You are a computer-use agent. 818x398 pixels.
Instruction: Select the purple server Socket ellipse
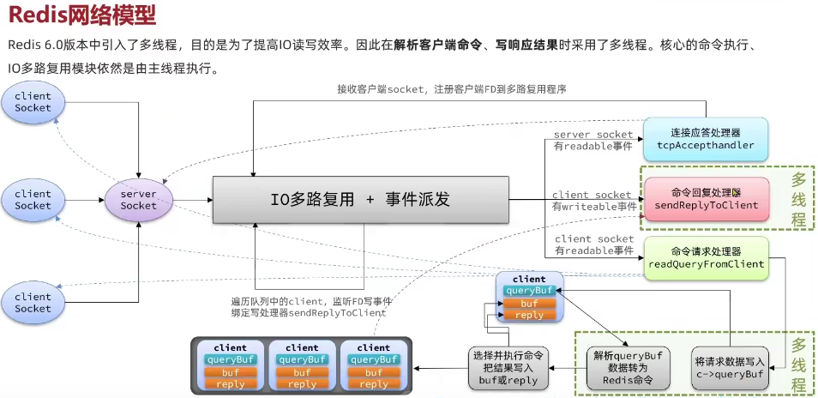click(x=138, y=200)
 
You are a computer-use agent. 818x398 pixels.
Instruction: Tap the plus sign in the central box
click(x=371, y=200)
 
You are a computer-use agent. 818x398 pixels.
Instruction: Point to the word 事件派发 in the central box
click(x=418, y=200)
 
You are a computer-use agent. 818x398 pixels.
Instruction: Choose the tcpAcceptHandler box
click(x=705, y=139)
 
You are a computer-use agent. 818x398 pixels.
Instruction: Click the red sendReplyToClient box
click(x=705, y=199)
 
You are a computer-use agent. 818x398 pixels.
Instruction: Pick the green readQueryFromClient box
click(x=705, y=258)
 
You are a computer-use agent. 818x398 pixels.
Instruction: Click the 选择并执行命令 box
click(x=505, y=366)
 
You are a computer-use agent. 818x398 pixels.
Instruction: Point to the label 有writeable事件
click(x=593, y=207)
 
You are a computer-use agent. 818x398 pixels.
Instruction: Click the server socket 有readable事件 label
click(x=592, y=141)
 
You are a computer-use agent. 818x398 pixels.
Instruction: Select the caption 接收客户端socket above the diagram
click(x=451, y=89)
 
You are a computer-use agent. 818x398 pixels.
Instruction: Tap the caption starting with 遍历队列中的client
click(x=310, y=307)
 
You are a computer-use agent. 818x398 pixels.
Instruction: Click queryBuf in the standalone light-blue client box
click(x=529, y=291)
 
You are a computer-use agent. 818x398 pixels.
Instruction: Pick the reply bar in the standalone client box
click(x=529, y=315)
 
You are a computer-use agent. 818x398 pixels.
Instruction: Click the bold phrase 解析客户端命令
click(x=436, y=45)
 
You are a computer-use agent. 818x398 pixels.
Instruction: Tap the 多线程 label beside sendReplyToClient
click(x=798, y=199)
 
